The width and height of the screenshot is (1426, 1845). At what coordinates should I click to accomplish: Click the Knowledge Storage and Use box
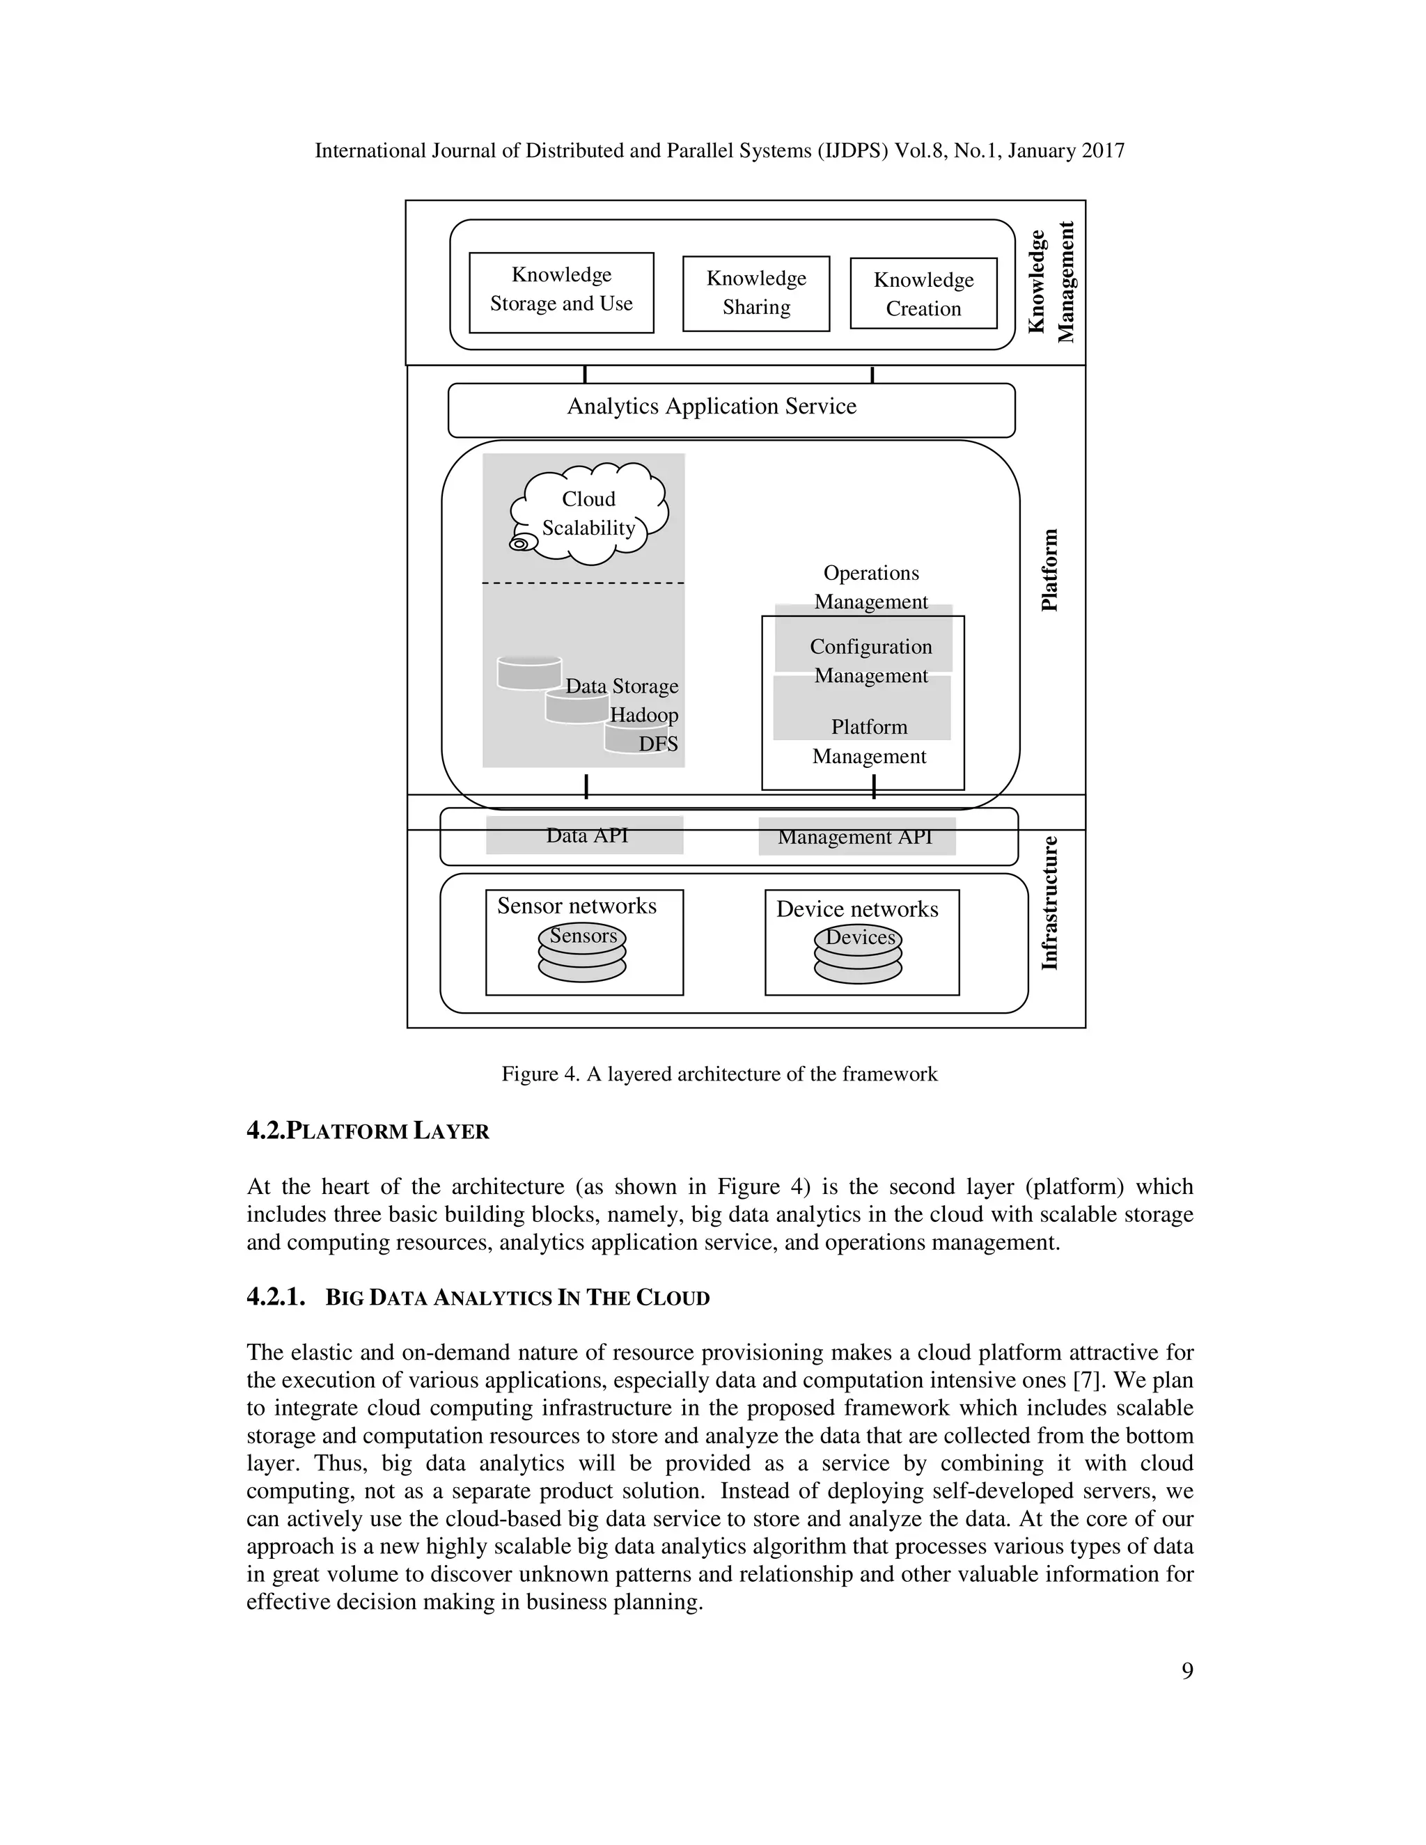click(x=561, y=292)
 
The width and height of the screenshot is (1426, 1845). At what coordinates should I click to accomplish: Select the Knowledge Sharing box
click(x=756, y=293)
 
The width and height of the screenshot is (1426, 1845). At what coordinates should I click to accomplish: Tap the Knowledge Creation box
click(x=923, y=294)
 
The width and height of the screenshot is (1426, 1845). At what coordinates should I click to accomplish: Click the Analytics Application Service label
click(x=712, y=407)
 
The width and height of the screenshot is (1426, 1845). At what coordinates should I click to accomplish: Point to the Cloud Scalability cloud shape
click(x=590, y=514)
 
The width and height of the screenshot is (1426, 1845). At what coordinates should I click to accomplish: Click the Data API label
click(x=586, y=835)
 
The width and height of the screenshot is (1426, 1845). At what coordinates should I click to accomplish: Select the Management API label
click(x=855, y=837)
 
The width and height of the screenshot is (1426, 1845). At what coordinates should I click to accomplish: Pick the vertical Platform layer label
click(x=1049, y=570)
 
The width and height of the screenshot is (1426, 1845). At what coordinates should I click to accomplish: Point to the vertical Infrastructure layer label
click(x=1049, y=903)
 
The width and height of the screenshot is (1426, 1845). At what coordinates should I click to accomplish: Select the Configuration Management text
click(x=870, y=661)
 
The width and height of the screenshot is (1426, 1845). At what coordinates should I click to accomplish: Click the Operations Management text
click(x=870, y=587)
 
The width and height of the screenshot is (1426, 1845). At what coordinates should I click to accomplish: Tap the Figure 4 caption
click(x=719, y=1074)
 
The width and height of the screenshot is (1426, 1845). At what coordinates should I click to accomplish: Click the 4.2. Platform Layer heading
click(x=368, y=1131)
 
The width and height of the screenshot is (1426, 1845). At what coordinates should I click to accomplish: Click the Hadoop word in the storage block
click(x=644, y=716)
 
